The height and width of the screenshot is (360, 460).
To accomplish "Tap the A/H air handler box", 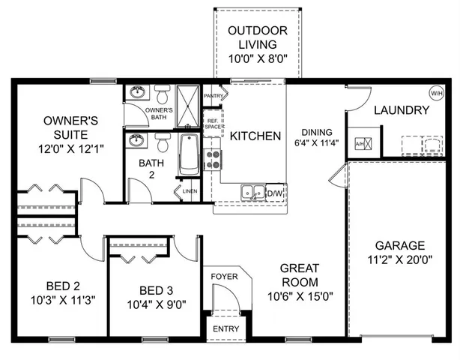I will tap(359, 143).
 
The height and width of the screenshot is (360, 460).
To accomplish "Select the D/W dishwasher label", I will tap(277, 193).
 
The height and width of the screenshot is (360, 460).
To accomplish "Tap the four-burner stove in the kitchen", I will tap(213, 159).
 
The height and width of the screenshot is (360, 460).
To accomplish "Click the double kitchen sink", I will tap(252, 193).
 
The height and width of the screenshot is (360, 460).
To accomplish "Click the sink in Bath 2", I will tap(136, 141).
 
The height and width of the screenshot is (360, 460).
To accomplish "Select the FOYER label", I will tap(223, 277).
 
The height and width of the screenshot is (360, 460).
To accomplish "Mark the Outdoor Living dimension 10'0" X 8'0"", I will tap(258, 57).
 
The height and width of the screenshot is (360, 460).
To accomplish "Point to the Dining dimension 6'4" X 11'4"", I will tap(316, 142).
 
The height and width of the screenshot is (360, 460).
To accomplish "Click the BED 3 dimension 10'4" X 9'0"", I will tap(157, 304).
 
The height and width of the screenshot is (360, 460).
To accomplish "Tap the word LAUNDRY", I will tap(402, 110).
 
